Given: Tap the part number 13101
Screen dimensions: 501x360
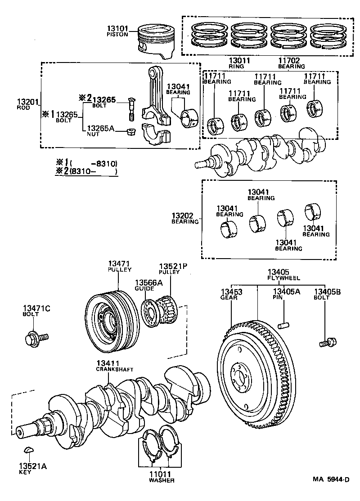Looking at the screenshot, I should click(117, 28).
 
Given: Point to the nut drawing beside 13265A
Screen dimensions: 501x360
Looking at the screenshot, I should click(131, 132).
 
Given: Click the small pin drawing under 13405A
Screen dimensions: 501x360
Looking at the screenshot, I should click(283, 324).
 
